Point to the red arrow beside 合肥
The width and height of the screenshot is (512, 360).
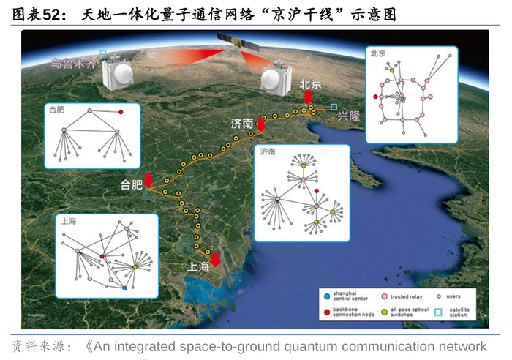tap(148, 179)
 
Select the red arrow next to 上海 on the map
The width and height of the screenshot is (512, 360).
tap(215, 258)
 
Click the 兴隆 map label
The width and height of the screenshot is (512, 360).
tap(350, 115)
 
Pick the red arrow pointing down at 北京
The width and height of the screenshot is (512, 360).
tap(309, 97)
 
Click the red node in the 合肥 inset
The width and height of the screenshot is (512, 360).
tap(120, 113)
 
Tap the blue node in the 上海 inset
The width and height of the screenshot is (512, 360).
tap(125, 288)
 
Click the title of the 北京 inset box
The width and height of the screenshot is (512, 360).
tap(378, 53)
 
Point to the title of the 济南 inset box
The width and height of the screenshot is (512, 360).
tap(267, 151)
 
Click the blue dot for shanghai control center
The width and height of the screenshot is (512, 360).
tap(327, 297)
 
